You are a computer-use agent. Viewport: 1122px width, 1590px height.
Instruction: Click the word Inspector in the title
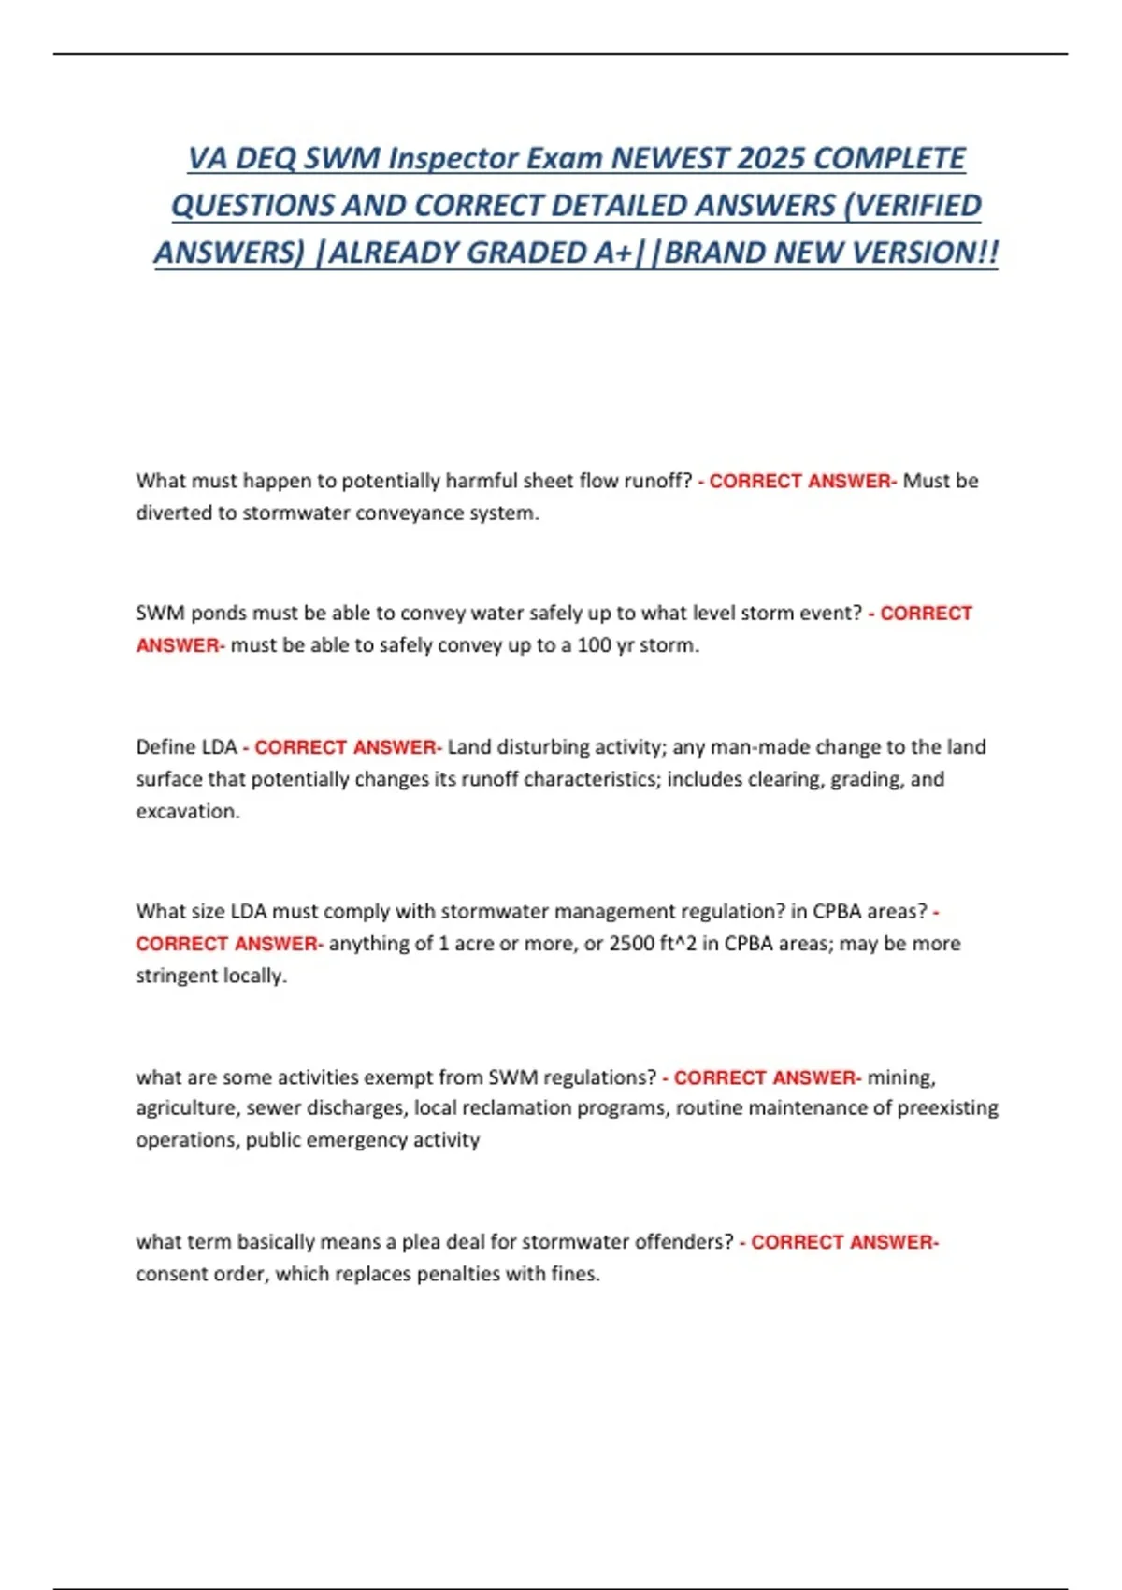pyautogui.click(x=453, y=158)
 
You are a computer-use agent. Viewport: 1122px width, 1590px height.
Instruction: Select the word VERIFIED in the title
pyautogui.click(x=918, y=205)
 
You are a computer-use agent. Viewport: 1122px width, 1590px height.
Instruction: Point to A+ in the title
pyautogui.click(x=611, y=253)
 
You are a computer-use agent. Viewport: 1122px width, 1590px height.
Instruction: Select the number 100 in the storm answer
pyautogui.click(x=594, y=645)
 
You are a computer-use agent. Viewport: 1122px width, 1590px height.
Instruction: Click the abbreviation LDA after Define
pyautogui.click(x=219, y=747)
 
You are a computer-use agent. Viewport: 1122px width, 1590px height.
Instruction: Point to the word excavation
pyautogui.click(x=186, y=811)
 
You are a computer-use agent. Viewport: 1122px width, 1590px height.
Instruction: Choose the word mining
pyautogui.click(x=900, y=1077)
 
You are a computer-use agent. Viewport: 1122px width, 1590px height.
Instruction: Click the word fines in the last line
pyautogui.click(x=574, y=1274)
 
